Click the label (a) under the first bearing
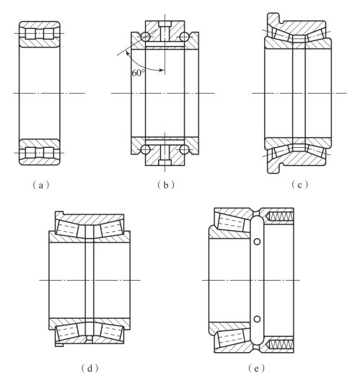[41, 185]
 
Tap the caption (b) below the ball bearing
[166, 185]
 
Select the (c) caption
[299, 185]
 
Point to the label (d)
[89, 368]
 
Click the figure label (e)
[256, 368]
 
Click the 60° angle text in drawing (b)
[139, 73]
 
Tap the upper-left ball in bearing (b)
[146, 37]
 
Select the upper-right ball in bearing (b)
[184, 37]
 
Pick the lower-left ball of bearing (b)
[146, 149]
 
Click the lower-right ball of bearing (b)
[184, 149]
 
